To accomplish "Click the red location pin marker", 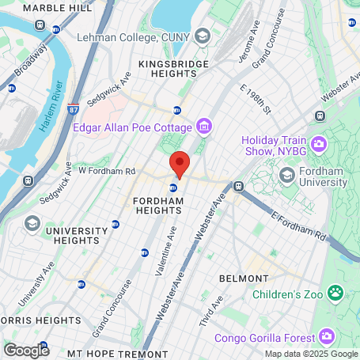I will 180,164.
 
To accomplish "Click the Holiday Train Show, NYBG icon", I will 319,143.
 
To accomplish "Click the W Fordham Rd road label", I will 106,171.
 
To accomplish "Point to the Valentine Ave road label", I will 171,249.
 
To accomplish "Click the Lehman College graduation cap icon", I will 203,37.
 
